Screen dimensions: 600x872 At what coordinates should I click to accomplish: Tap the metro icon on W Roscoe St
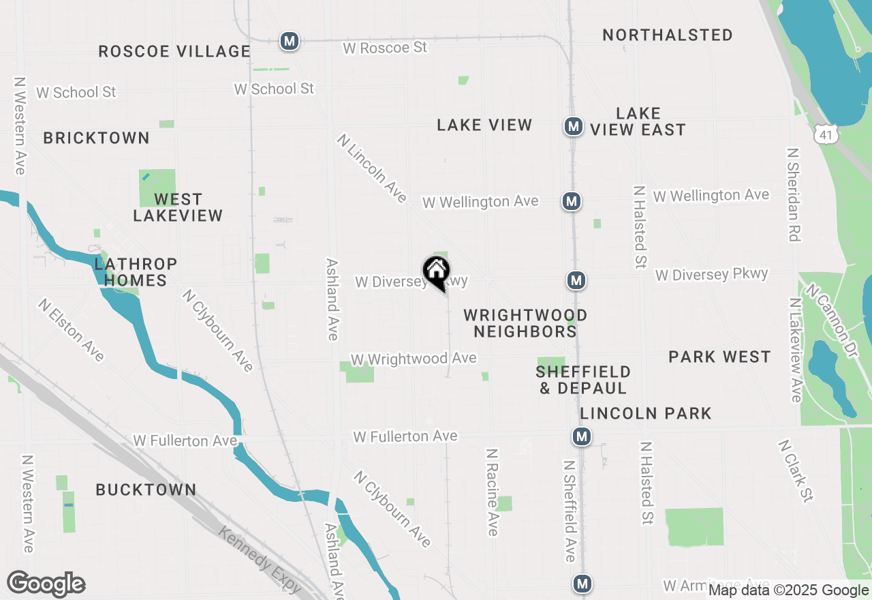coord(290,41)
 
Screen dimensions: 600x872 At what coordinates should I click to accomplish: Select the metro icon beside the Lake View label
coord(574,126)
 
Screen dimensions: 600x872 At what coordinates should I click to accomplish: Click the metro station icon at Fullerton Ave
coord(581,436)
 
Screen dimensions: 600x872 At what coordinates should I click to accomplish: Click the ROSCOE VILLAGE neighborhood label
coord(174,51)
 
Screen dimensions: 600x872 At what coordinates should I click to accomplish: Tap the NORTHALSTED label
coord(668,35)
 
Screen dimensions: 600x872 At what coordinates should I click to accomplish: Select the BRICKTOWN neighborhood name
coord(96,138)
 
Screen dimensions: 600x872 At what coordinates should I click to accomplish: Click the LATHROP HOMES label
coord(136,272)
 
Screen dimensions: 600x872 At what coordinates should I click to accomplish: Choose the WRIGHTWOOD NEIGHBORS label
coord(525,323)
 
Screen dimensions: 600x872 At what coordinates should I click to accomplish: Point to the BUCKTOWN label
coord(146,490)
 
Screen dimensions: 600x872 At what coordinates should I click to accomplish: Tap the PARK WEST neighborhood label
coord(719,357)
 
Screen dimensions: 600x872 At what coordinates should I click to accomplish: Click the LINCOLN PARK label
coord(646,413)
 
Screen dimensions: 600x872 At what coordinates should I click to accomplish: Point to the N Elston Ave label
coord(71,330)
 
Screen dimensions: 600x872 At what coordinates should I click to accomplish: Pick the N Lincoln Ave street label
coord(372,168)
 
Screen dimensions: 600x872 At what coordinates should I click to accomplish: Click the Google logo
coord(46,584)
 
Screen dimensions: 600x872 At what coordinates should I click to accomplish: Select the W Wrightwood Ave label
coord(414,359)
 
